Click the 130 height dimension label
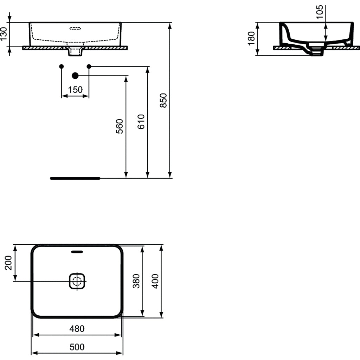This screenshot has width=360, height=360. [4, 34]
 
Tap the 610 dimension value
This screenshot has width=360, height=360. [141, 122]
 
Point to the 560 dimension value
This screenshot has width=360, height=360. [120, 127]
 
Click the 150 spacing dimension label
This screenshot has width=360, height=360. [75, 90]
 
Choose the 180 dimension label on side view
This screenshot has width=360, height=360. [251, 39]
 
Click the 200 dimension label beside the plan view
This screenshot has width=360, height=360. [8, 263]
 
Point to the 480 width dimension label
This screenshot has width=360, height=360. [77, 329]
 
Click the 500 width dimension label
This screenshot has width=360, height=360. [77, 347]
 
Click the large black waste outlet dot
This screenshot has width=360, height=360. [75, 75]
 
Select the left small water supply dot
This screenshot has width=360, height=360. [62, 66]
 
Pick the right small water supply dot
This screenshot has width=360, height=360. [89, 66]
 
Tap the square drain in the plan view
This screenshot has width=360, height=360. [77, 281]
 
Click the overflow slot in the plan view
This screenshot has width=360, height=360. [77, 252]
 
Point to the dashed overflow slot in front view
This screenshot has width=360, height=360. [75, 28]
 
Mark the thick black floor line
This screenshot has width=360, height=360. [75, 178]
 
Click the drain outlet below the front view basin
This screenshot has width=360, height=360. [75, 52]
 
